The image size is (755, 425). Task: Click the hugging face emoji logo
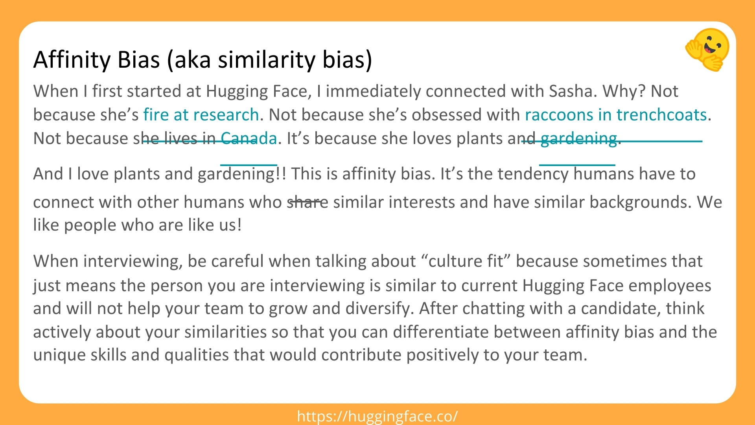tap(707, 50)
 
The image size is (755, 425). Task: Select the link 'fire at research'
tap(201, 115)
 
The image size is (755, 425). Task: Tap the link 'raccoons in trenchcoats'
tap(616, 115)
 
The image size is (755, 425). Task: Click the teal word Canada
tap(249, 139)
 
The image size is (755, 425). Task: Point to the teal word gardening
tap(578, 139)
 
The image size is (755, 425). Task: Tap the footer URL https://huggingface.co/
tap(377, 416)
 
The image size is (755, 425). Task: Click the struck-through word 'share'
tap(308, 202)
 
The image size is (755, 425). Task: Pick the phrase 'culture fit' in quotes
tap(466, 261)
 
